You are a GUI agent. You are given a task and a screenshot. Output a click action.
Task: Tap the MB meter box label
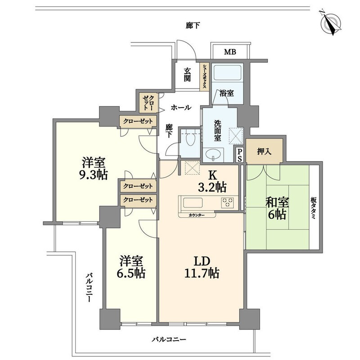[230, 52]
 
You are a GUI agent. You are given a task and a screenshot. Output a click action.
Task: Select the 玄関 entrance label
[187, 75]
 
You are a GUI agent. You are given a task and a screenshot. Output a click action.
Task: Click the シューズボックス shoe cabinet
[204, 76]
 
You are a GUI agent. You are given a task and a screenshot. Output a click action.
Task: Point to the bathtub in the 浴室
[227, 72]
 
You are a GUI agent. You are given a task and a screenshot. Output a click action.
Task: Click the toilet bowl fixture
[190, 139]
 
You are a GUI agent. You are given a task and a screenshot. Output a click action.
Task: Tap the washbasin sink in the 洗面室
[213, 154]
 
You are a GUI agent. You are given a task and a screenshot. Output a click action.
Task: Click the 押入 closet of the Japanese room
[264, 151]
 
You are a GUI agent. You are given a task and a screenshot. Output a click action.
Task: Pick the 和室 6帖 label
[277, 208]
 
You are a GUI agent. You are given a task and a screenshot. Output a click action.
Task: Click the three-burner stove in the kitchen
[228, 203]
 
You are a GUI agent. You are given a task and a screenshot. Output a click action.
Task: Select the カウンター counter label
[197, 215]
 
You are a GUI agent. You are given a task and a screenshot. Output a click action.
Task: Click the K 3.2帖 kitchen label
[212, 181]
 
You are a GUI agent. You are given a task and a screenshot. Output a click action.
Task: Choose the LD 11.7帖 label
[202, 267]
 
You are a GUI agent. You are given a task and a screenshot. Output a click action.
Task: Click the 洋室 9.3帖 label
[94, 168]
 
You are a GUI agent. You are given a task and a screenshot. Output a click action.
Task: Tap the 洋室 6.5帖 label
[131, 267]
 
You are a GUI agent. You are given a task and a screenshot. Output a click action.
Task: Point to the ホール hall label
[181, 107]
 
